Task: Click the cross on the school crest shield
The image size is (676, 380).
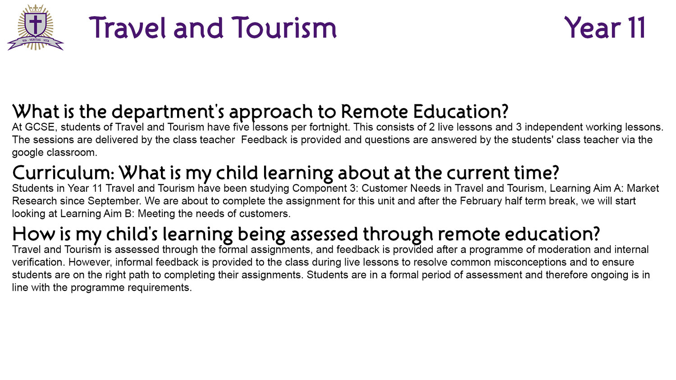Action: pyautogui.click(x=36, y=24)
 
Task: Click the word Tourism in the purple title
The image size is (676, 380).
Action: pyautogui.click(x=284, y=28)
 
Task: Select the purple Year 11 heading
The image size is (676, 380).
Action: pyautogui.click(x=605, y=28)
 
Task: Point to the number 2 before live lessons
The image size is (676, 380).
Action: pyautogui.click(x=432, y=127)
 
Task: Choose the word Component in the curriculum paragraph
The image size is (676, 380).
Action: pyautogui.click(x=320, y=189)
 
